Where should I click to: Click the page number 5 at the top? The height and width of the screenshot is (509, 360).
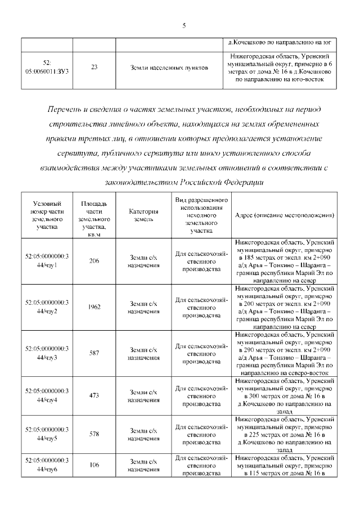point(184,25)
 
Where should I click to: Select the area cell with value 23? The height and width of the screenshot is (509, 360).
point(94,67)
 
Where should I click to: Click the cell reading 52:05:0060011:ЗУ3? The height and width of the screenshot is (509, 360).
point(47,67)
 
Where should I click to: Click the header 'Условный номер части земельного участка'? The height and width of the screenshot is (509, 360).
point(47,215)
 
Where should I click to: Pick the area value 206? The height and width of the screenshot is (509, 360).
point(94,260)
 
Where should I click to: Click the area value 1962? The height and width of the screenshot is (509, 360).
point(94,307)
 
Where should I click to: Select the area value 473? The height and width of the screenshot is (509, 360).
point(94,395)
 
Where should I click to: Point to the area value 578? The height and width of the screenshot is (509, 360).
point(94,434)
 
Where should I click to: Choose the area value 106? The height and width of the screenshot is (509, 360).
point(94,465)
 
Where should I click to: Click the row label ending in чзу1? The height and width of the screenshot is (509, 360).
point(47,260)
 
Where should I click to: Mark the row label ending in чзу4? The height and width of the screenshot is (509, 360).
point(47,395)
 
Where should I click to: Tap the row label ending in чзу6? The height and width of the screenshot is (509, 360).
point(47,465)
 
